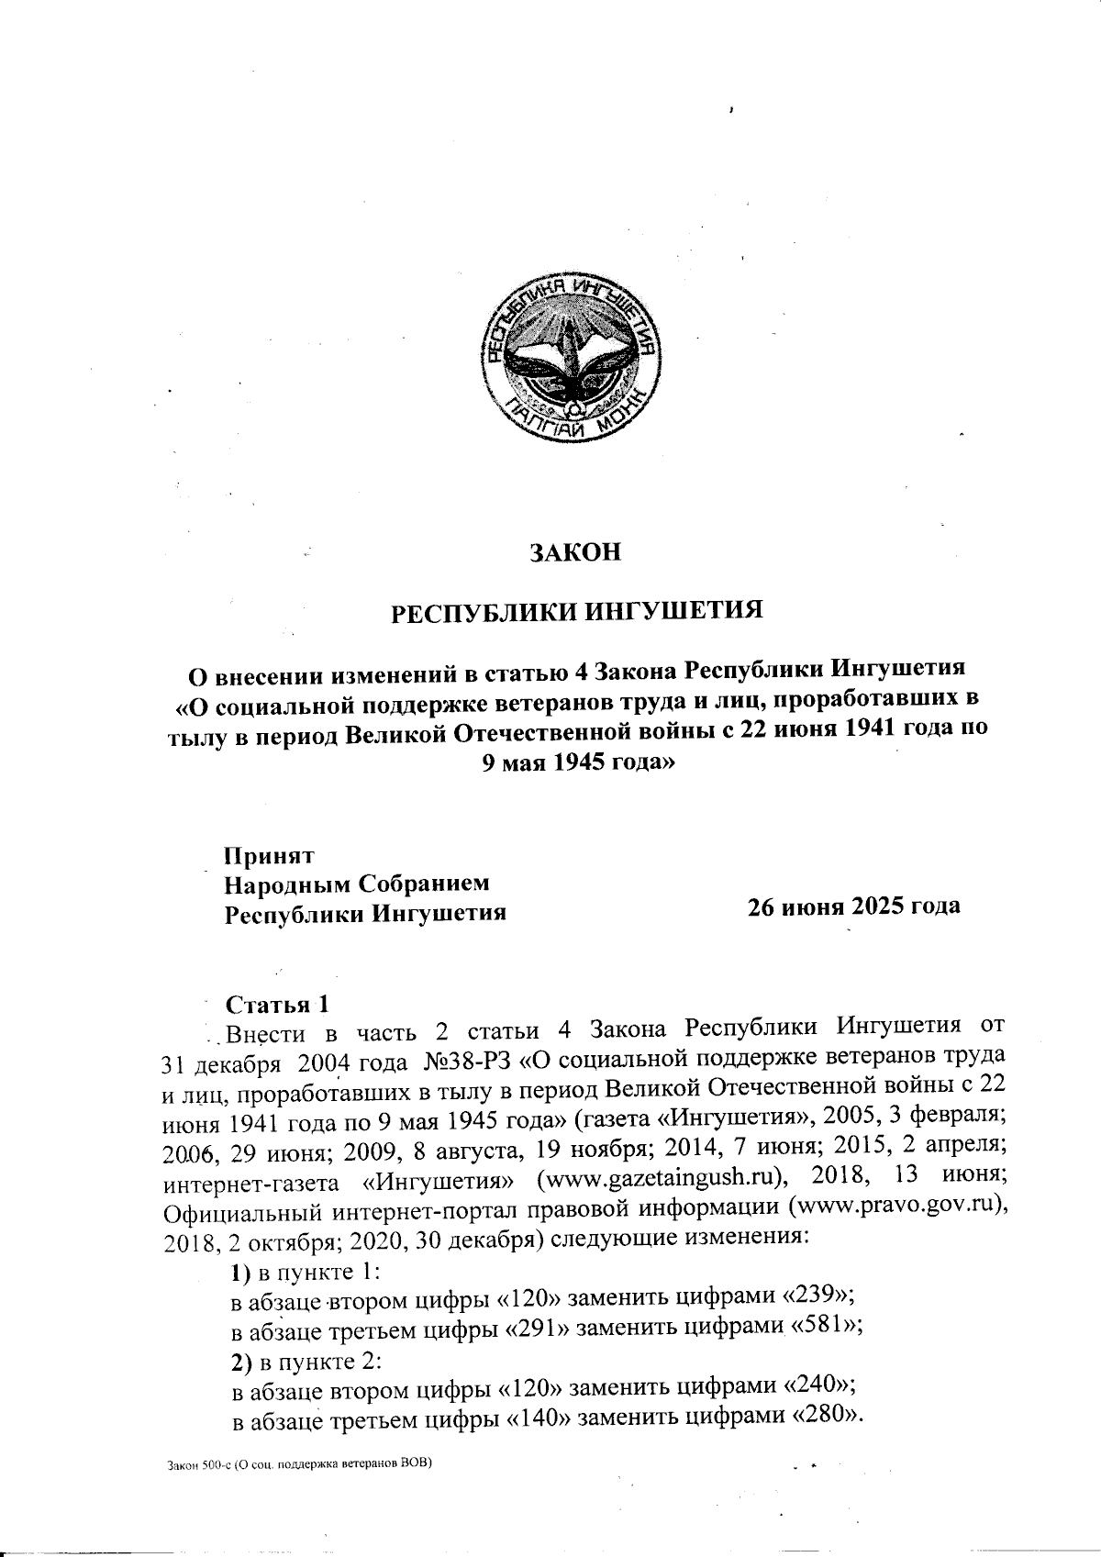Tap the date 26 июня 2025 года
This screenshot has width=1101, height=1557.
[x=853, y=906]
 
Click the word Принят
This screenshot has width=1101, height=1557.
[x=270, y=855]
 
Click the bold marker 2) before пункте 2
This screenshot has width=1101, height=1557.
[x=238, y=1358]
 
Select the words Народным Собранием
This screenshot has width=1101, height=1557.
[x=357, y=884]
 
